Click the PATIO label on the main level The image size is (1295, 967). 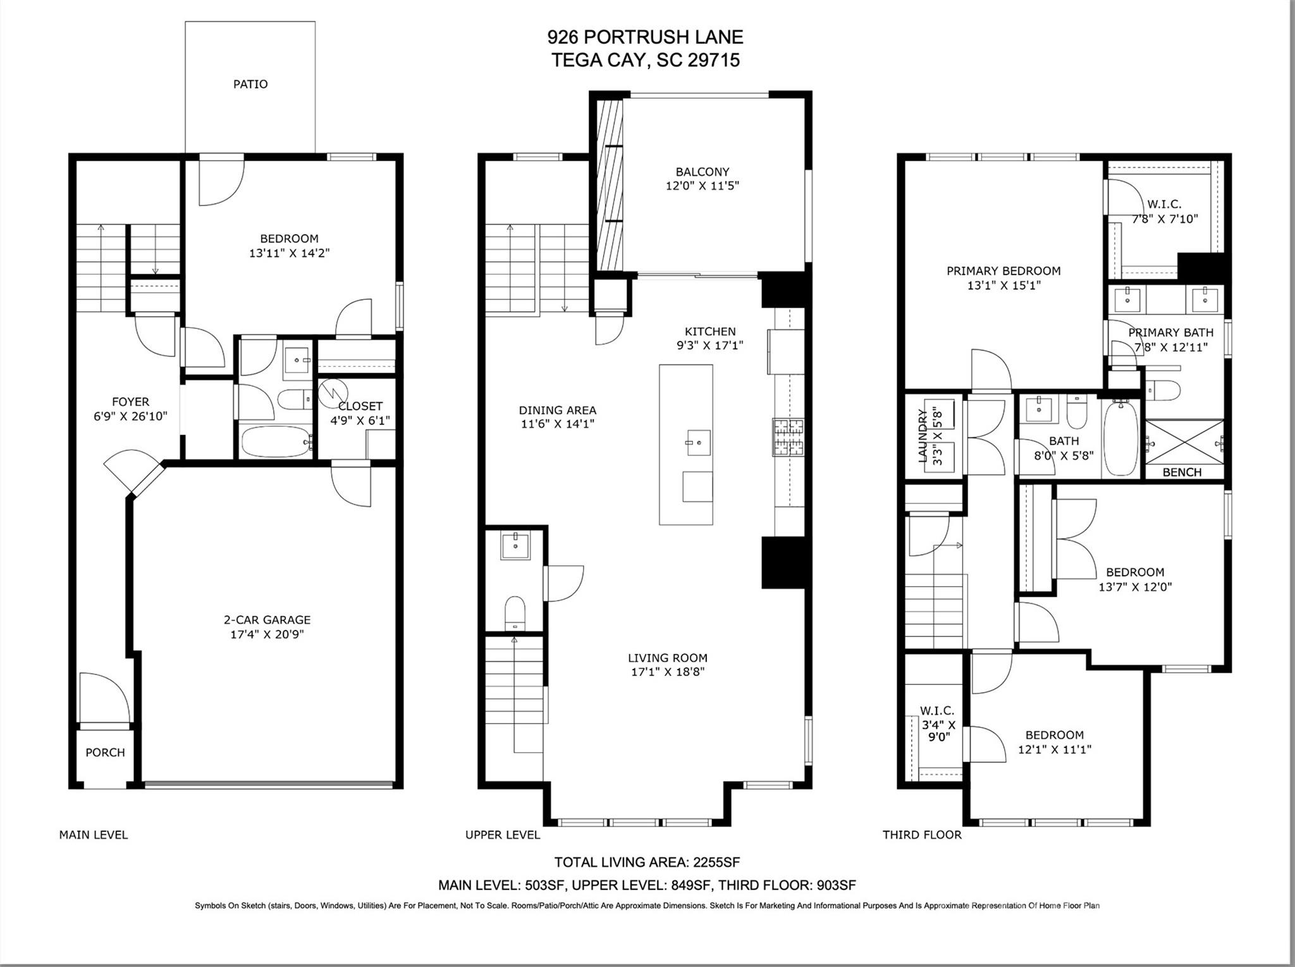point(250,84)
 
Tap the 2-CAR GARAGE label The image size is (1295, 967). point(267,620)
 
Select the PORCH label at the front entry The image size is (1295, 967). point(105,753)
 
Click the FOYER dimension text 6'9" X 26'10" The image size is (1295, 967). point(130,416)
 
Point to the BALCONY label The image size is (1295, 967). point(702,171)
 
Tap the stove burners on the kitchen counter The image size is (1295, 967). point(787,437)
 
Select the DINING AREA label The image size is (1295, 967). point(557,410)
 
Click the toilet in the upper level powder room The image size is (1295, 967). point(515,612)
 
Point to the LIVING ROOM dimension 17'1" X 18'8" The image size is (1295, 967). point(667,672)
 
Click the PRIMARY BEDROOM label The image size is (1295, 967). point(1003,271)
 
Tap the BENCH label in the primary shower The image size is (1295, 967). point(1181,472)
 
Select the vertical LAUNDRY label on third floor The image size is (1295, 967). point(923,436)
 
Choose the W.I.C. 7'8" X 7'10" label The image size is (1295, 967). point(1164,211)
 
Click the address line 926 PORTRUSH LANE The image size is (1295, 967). point(645,37)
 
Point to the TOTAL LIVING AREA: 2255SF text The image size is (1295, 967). point(646,862)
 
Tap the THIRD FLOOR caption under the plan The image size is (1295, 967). point(921,835)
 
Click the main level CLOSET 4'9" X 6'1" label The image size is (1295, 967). point(360,413)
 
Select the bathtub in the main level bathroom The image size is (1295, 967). point(276,441)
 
